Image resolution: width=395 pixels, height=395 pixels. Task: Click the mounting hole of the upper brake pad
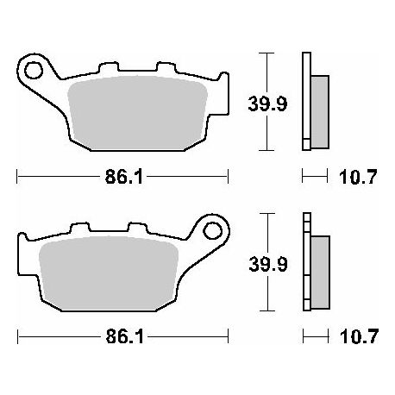tap(34, 70)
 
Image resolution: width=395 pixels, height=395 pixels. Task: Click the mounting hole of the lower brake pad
tap(213, 231)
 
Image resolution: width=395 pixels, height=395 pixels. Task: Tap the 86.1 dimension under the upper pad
tap(123, 177)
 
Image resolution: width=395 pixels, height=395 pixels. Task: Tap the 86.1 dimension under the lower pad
tap(124, 336)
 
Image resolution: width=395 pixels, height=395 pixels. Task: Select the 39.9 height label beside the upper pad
tap(267, 103)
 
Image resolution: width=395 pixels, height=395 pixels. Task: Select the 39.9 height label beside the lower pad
tap(268, 264)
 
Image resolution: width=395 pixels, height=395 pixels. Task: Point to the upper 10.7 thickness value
tap(358, 177)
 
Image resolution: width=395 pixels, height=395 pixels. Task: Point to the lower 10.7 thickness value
tap(359, 336)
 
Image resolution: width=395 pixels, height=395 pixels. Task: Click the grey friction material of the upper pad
tap(137, 113)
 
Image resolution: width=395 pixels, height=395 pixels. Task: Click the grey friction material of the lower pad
tap(109, 273)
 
